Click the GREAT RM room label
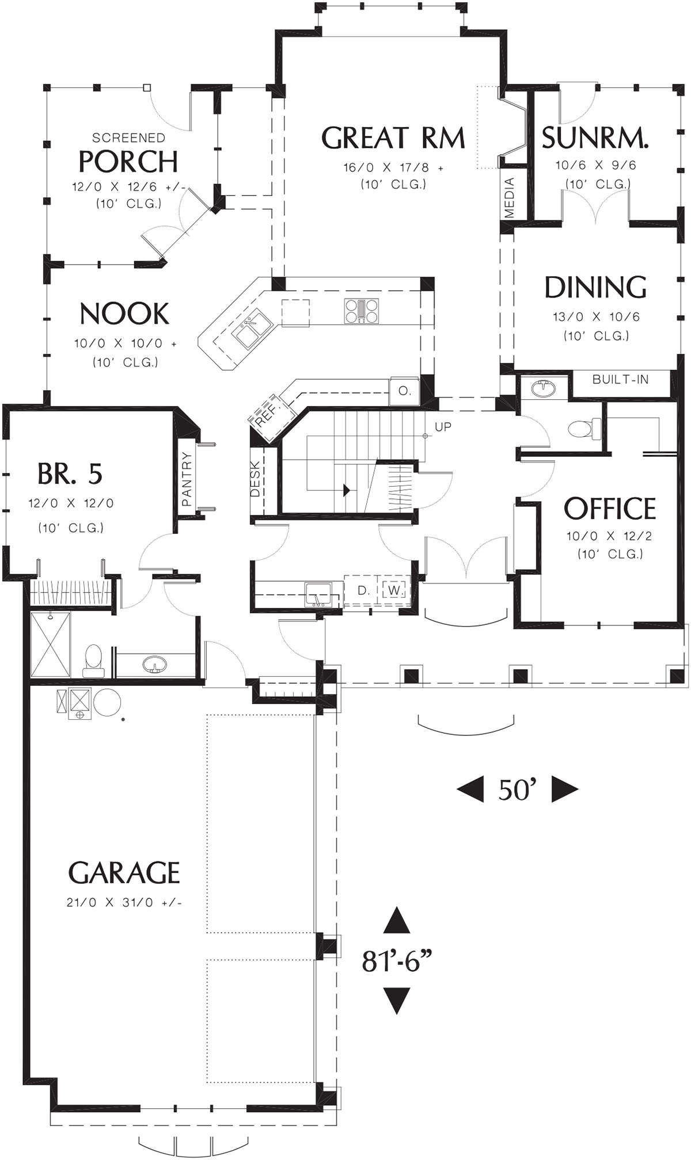pos(393,138)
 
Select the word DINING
pos(595,287)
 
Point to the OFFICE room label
pos(610,508)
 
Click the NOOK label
pos(124,314)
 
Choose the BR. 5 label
pos(70,474)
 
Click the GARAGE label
pos(124,873)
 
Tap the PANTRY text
pos(187,479)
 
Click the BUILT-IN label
pos(620,379)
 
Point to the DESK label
pos(256,480)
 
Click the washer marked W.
pos(394,590)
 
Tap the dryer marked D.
pos(363,590)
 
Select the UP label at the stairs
pos(443,427)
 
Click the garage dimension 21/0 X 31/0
pos(124,902)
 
